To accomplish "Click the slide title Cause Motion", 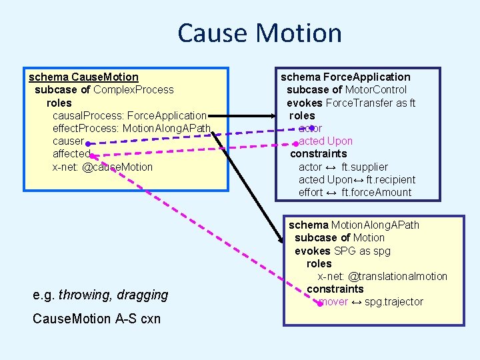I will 259,33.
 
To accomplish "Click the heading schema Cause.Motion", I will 83,77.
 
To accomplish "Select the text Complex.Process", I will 133,90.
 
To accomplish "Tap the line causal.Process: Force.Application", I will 129,115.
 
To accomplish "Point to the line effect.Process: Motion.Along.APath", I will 131,128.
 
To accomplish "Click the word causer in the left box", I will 68,141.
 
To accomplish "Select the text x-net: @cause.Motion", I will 102,167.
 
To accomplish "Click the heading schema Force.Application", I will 345,77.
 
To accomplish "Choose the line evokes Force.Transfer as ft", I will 351,103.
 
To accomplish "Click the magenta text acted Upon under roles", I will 325,141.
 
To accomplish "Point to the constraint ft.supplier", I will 365,167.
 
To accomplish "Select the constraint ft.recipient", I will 391,180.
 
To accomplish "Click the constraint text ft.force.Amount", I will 377,193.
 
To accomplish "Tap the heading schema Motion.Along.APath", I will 353,225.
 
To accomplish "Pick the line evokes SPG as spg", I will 342,251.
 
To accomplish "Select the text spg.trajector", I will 393,302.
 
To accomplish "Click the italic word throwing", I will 83,295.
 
